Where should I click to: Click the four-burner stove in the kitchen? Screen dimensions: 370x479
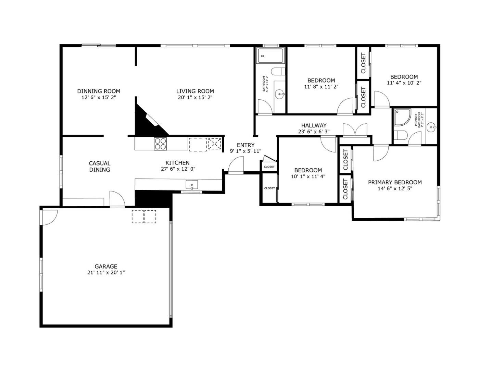[x=160, y=143]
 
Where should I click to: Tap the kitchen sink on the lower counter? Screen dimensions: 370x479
[x=192, y=185]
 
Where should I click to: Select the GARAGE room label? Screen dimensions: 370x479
[x=106, y=266]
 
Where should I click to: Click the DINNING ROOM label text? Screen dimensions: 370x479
[x=99, y=91]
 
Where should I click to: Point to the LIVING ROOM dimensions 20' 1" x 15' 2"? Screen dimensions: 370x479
[x=195, y=97]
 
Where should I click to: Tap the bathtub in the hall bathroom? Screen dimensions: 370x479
[x=271, y=56]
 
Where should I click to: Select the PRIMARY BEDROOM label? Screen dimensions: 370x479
[x=395, y=182]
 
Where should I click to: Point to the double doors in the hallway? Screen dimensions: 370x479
[x=355, y=130]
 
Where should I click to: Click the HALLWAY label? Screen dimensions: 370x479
[x=314, y=125]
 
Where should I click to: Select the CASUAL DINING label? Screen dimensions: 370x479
[x=100, y=166]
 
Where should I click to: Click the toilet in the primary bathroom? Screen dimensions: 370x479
[x=400, y=136]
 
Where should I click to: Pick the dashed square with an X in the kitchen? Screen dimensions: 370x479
[x=215, y=144]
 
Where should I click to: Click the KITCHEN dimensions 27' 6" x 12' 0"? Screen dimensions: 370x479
[x=178, y=169]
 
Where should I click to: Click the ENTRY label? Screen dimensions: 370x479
[x=245, y=145]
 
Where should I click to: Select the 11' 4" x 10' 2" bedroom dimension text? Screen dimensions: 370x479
[x=404, y=83]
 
